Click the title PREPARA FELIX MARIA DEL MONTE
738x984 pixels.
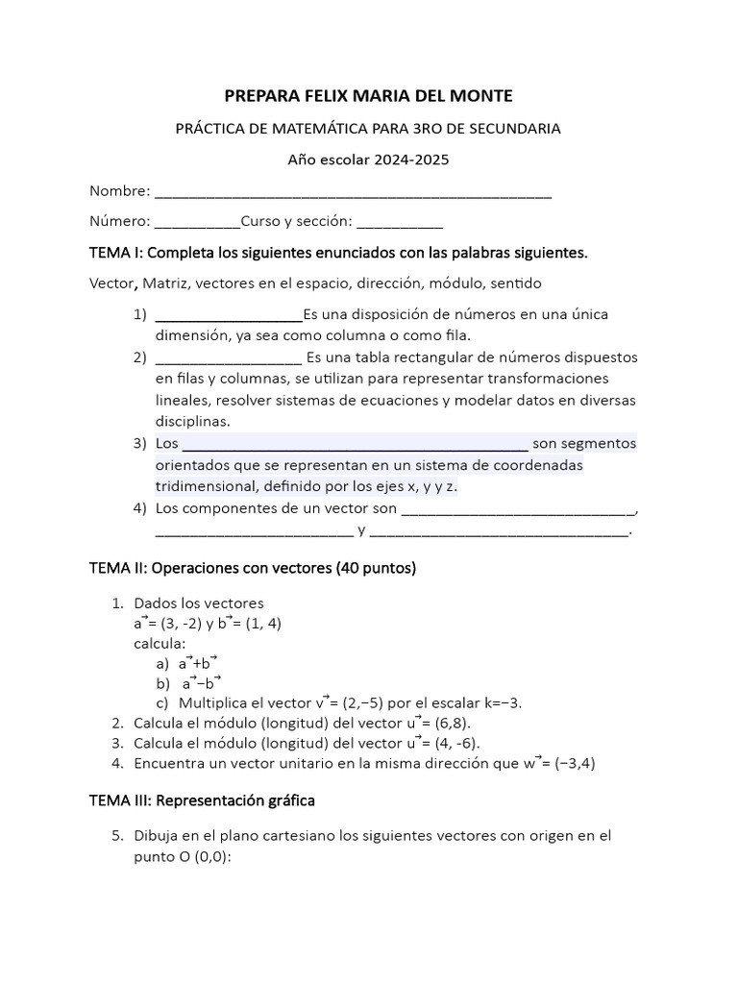pos(368,96)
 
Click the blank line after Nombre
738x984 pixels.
pos(353,192)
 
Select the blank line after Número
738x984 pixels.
pos(197,222)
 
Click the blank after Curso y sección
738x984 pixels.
pos(400,222)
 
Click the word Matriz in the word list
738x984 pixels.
pos(170,283)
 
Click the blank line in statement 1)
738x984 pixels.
pos(228,315)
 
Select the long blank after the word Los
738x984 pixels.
pos(355,445)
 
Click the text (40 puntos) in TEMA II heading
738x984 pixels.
pos(375,568)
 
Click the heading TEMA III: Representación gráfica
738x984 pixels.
pos(202,799)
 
